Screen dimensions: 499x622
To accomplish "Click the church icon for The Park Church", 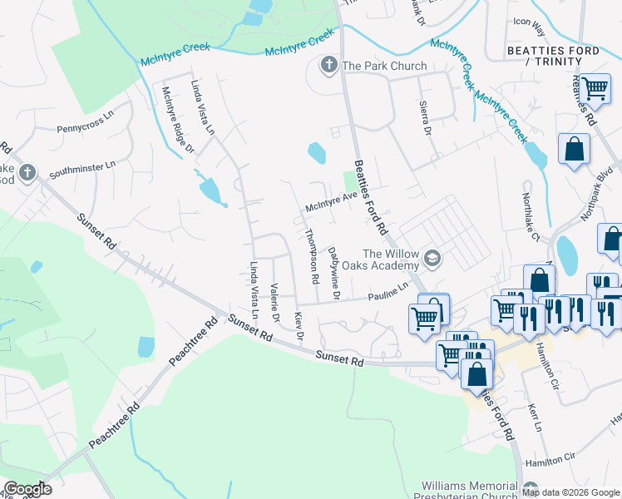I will pos(328,65).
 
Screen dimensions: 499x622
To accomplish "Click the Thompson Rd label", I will pos(313,258).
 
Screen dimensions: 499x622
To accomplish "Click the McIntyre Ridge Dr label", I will pos(177,121).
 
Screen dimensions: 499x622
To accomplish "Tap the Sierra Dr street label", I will pos(424,120).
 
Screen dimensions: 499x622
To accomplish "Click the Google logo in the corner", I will pos(27,489).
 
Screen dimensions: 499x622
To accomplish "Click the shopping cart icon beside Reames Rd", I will pos(595,88).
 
